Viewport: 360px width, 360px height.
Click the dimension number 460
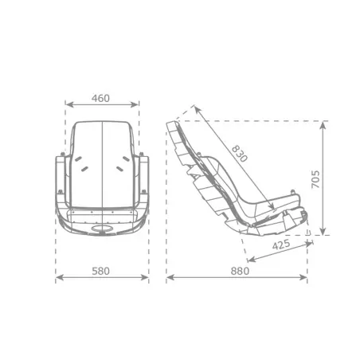101,99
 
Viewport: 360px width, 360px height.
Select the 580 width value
101,271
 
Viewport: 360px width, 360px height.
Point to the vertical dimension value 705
315,178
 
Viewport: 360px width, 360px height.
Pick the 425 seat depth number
280,245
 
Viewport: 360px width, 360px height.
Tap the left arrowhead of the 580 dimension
57,279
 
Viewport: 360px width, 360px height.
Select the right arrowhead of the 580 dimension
147,279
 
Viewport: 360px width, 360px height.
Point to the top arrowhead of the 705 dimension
323,124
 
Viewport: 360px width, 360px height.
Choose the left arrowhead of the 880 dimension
169,279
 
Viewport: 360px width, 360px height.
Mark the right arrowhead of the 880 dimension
305,279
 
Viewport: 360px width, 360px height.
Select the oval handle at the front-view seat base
102,231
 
